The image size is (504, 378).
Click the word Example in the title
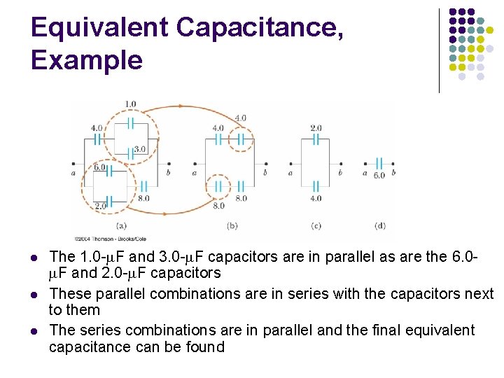point(86,60)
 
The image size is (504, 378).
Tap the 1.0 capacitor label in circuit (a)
point(130,104)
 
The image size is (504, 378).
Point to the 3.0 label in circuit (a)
point(139,149)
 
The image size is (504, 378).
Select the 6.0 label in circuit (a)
point(99,167)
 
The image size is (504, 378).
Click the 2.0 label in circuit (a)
point(99,206)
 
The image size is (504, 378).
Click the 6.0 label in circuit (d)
point(379,175)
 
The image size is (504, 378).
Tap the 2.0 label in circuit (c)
point(316,128)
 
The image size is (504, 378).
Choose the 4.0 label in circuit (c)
point(316,198)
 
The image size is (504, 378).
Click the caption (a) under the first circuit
point(121,225)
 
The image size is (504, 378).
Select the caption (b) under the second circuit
point(233,225)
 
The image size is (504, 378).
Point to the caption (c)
point(316,225)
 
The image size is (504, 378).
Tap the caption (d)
point(380,225)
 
